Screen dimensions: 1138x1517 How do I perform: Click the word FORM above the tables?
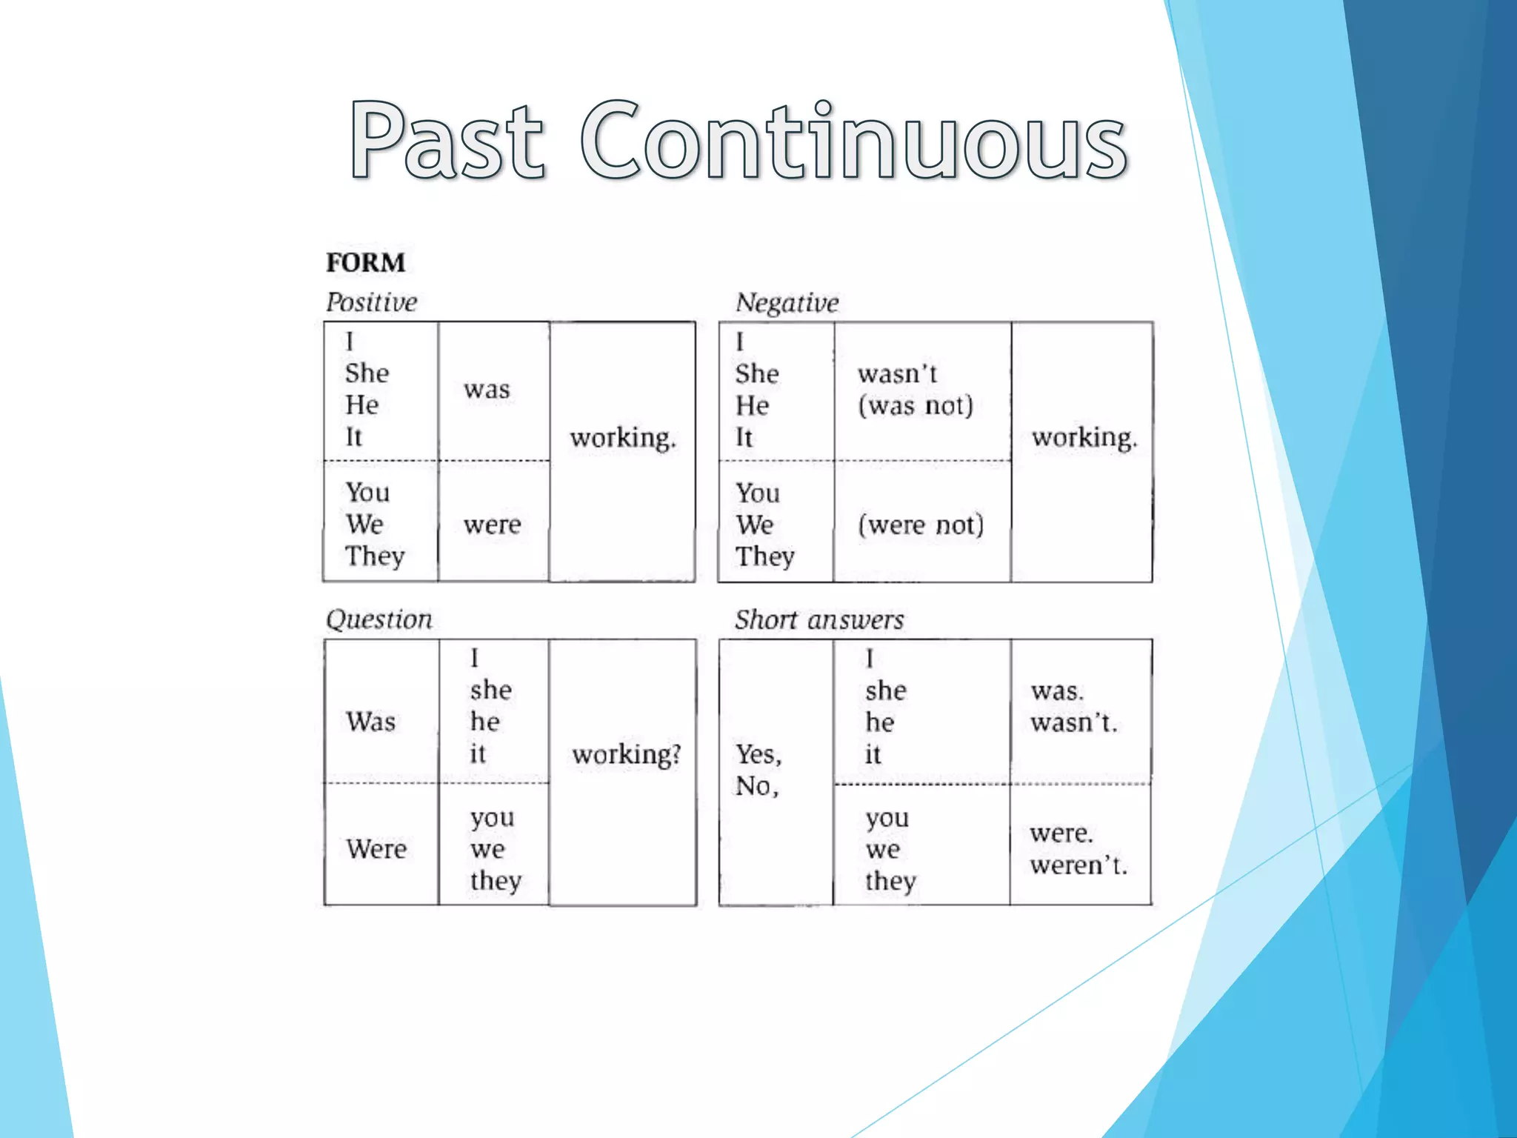[366, 263]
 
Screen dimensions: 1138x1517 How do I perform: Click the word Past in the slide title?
[447, 141]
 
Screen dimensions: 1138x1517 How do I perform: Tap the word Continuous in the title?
[853, 141]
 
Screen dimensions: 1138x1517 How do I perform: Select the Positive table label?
[372, 302]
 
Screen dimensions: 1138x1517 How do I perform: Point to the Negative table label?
[787, 303]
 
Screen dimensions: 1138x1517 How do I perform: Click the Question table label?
[379, 619]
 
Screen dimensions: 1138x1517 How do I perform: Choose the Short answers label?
[819, 620]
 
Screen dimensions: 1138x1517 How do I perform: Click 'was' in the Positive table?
[487, 390]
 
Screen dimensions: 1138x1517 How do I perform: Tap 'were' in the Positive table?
[492, 525]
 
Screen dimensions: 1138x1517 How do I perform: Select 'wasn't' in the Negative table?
[898, 374]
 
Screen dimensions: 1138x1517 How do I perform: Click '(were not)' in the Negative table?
[921, 525]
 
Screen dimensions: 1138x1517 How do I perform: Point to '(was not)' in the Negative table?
[916, 406]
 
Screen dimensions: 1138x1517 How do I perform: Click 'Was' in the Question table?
[370, 722]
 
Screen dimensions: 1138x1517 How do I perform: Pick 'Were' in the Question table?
[376, 849]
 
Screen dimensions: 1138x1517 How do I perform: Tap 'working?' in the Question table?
[627, 754]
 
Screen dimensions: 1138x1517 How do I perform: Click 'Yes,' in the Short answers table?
[758, 754]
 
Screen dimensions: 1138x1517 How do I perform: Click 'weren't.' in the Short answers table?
[1078, 865]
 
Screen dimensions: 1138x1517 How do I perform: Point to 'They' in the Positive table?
[375, 556]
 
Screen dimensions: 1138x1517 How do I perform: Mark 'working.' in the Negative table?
[1084, 437]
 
